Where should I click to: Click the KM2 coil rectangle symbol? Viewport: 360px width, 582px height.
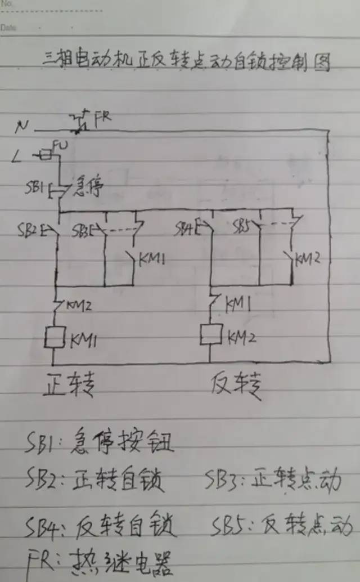(x=210, y=335)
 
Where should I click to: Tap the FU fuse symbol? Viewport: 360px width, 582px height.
(x=46, y=152)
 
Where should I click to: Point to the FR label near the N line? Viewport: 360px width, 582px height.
(x=103, y=118)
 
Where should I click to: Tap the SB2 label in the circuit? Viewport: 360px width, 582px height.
(x=37, y=230)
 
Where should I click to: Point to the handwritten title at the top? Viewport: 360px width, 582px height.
(x=186, y=61)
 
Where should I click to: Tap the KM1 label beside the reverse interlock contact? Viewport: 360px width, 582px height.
(x=238, y=305)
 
